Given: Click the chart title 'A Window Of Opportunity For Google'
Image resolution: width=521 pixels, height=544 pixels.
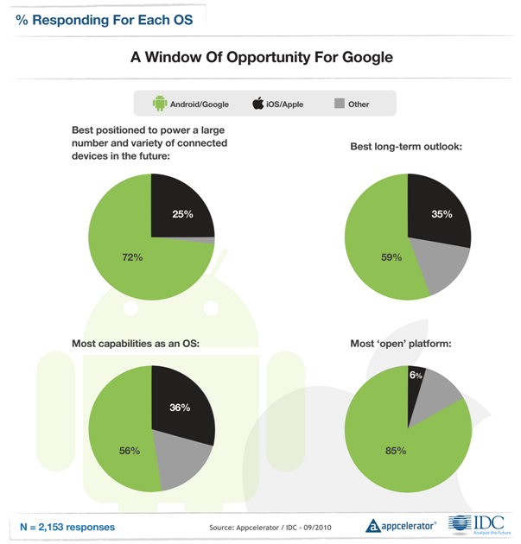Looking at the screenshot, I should [x=261, y=59].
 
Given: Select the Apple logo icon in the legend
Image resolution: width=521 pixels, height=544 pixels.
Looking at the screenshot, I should [x=257, y=104].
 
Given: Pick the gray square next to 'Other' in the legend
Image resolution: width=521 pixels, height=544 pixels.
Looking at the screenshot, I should [x=339, y=104].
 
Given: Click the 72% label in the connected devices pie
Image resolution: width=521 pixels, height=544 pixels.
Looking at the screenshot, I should [x=132, y=256].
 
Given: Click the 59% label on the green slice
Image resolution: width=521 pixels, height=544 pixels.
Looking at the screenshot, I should [x=391, y=256].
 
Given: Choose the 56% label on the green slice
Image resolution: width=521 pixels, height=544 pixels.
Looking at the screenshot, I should [x=129, y=449].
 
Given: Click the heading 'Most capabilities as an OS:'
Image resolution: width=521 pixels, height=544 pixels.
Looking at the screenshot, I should [x=136, y=343].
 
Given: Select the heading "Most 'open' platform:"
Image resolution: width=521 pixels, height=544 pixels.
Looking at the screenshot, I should [x=403, y=343].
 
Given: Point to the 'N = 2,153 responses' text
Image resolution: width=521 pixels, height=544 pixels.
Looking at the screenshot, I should [x=67, y=525].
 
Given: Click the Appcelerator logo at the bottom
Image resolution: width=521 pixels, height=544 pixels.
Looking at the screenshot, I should [x=400, y=524].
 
